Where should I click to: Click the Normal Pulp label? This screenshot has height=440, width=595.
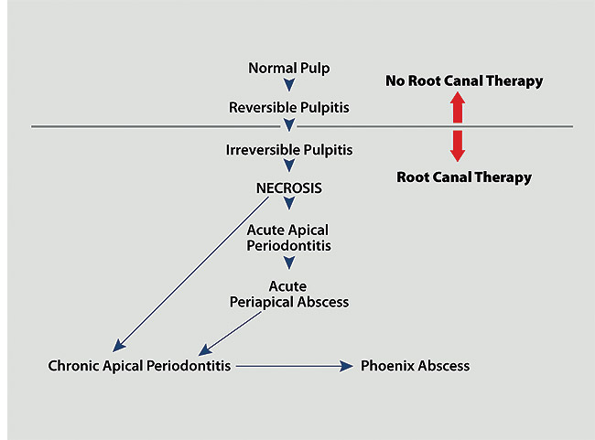[x=289, y=68]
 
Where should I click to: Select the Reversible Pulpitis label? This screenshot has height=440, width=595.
[x=289, y=108]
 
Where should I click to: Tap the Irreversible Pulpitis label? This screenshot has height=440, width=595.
[x=289, y=148]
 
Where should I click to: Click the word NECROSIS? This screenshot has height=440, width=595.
[x=289, y=188]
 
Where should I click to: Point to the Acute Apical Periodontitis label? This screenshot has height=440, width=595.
[x=288, y=238]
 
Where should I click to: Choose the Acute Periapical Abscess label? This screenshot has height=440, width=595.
[x=289, y=294]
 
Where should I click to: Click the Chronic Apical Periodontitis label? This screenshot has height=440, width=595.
[x=140, y=366]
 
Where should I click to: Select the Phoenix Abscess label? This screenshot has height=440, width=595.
[x=415, y=366]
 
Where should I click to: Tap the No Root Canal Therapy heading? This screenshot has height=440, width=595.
[x=464, y=81]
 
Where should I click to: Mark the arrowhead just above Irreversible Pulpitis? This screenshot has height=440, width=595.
[x=289, y=126]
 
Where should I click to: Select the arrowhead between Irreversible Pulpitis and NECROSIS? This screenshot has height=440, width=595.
[x=289, y=167]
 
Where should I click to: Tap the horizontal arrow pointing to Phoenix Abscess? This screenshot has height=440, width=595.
[x=293, y=366]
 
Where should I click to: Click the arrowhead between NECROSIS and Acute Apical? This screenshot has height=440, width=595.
[x=289, y=206]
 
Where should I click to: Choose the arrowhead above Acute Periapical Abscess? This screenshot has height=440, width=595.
[x=289, y=263]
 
